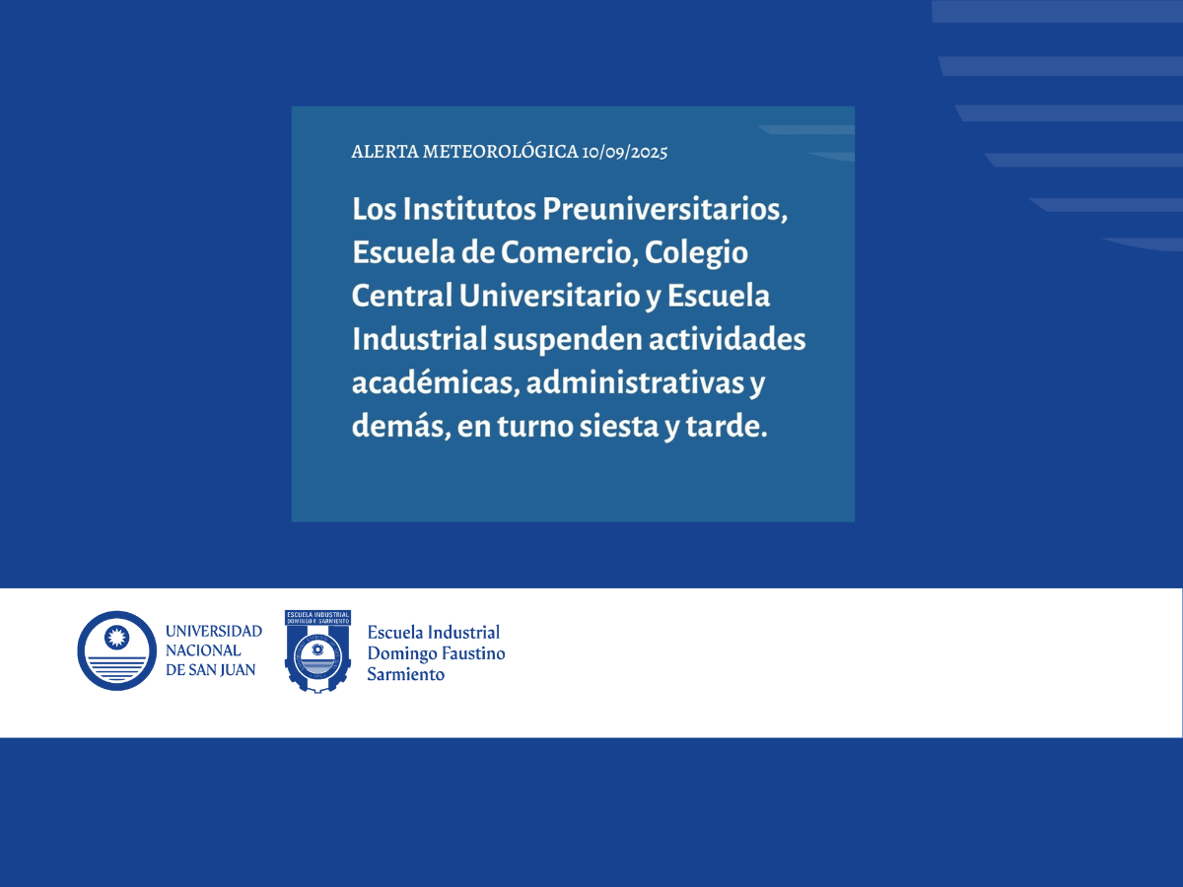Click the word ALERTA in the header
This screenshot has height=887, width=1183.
click(384, 152)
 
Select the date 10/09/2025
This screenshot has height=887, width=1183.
click(625, 153)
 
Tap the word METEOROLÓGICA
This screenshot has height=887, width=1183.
click(501, 151)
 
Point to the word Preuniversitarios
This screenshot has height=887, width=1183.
click(665, 209)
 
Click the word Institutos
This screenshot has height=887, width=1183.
click(469, 209)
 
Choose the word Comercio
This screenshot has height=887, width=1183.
click(570, 252)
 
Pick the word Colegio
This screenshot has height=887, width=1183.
click(696, 253)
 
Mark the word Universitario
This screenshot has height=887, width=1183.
click(550, 296)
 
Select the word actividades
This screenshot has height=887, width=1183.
click(727, 339)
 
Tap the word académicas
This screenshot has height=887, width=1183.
click(436, 382)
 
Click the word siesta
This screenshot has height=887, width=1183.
click(619, 426)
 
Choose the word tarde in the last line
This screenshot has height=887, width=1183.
click(726, 426)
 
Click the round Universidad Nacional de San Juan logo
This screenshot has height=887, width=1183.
click(117, 650)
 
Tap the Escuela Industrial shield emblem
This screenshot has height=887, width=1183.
click(317, 651)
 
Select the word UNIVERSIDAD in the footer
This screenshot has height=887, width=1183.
click(214, 631)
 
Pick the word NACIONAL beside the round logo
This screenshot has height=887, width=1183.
click(203, 650)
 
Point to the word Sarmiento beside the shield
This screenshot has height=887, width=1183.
click(406, 674)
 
